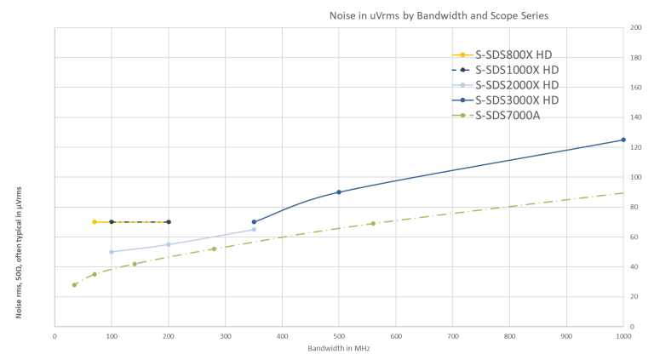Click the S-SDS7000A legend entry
click(x=508, y=116)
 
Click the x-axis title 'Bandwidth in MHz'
click(x=339, y=347)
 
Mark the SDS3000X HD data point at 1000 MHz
click(x=622, y=140)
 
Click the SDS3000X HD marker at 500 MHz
click(x=339, y=191)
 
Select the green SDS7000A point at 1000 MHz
click(x=622, y=193)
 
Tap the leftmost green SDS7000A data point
click(x=74, y=285)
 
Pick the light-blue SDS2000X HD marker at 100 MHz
click(x=112, y=252)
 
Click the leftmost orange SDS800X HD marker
click(x=95, y=221)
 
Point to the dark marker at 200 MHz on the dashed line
click(x=169, y=221)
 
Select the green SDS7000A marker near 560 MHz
click(x=373, y=223)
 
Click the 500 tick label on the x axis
click(x=339, y=335)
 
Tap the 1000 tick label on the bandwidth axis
click(x=622, y=335)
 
